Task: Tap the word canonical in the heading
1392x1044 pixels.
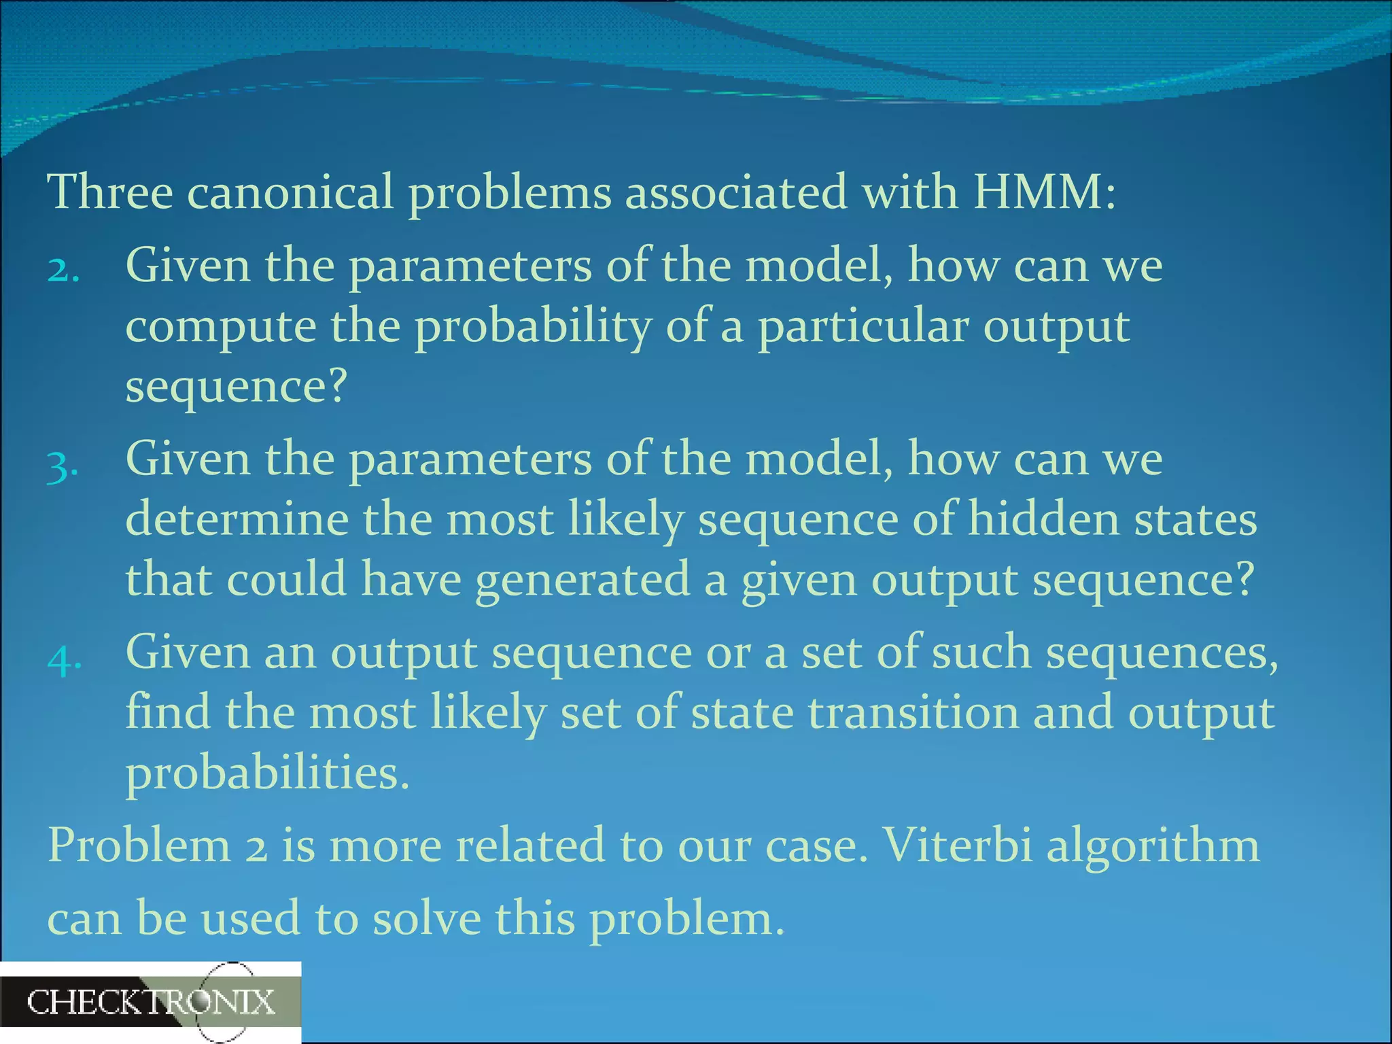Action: coord(290,192)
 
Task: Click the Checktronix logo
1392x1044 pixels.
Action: coord(150,1003)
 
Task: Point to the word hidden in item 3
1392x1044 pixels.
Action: coord(1043,520)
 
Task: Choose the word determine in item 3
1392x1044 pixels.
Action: coord(237,520)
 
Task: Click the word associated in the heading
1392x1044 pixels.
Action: coord(736,192)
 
